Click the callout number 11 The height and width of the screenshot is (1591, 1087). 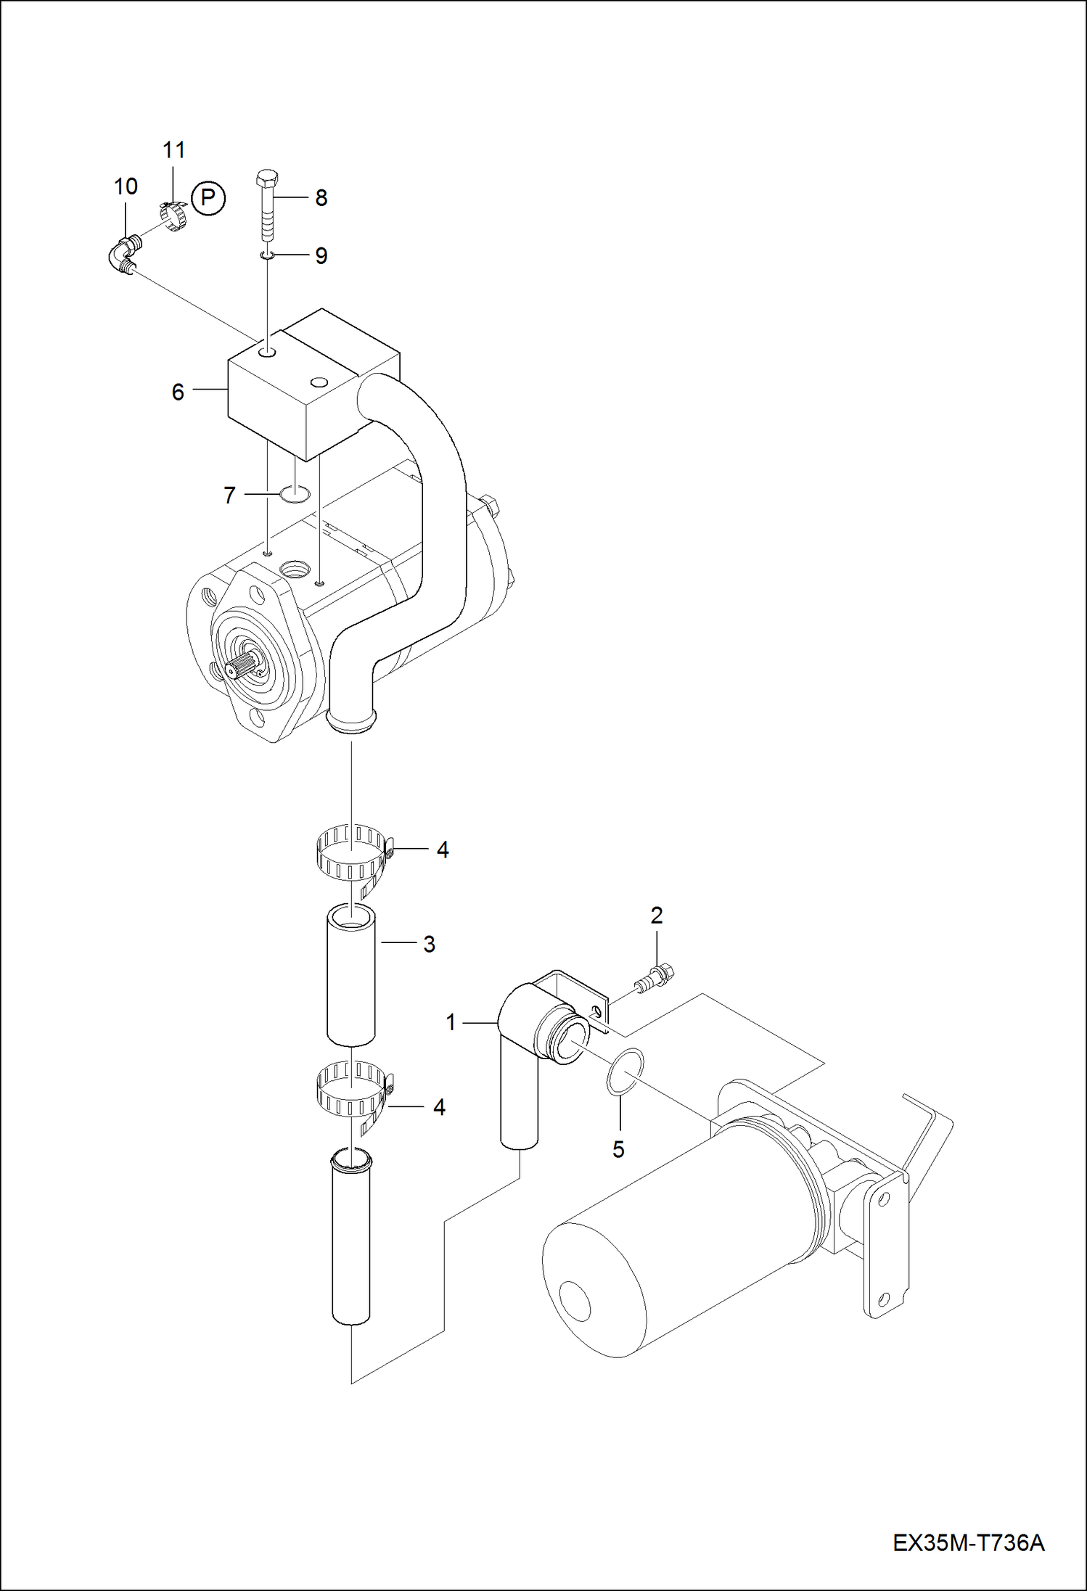tap(173, 150)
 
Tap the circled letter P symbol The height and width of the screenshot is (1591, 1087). tap(209, 197)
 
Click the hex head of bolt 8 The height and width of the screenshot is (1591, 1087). tap(267, 177)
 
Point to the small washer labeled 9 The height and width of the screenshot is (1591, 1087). tap(267, 255)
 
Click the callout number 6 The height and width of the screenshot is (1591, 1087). tap(178, 392)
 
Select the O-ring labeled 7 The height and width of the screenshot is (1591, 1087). tap(295, 494)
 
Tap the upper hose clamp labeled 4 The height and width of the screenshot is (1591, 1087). tap(351, 854)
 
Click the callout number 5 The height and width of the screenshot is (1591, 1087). tap(618, 1149)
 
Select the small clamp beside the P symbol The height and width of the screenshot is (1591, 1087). tap(172, 215)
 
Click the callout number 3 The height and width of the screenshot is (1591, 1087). tap(429, 944)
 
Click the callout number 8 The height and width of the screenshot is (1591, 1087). tap(321, 197)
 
